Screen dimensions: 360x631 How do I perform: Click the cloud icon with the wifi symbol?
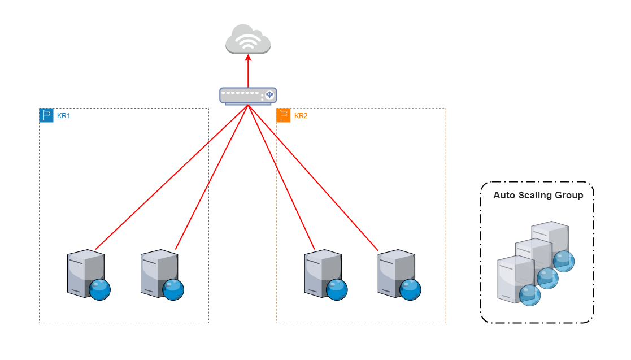tap(248, 39)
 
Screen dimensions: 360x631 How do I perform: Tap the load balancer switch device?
tap(248, 96)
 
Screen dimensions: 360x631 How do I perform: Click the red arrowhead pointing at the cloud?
tap(248, 57)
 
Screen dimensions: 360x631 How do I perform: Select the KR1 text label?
tap(63, 116)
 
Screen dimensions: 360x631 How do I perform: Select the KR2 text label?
tap(301, 116)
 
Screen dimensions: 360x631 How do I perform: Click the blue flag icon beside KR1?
tap(46, 116)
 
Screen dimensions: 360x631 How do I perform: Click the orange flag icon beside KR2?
tap(284, 116)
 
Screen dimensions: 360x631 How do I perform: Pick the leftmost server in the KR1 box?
tap(85, 272)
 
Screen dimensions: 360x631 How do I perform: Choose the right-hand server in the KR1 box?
tap(159, 272)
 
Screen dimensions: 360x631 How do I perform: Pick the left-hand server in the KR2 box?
tap(323, 272)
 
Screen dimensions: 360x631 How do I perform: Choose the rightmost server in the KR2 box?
tap(396, 272)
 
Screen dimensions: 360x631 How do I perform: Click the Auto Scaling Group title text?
tap(538, 196)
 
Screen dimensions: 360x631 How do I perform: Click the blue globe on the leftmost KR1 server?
tap(99, 289)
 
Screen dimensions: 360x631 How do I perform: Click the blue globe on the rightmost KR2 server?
tap(410, 289)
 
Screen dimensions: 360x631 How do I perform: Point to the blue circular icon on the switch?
tap(269, 95)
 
